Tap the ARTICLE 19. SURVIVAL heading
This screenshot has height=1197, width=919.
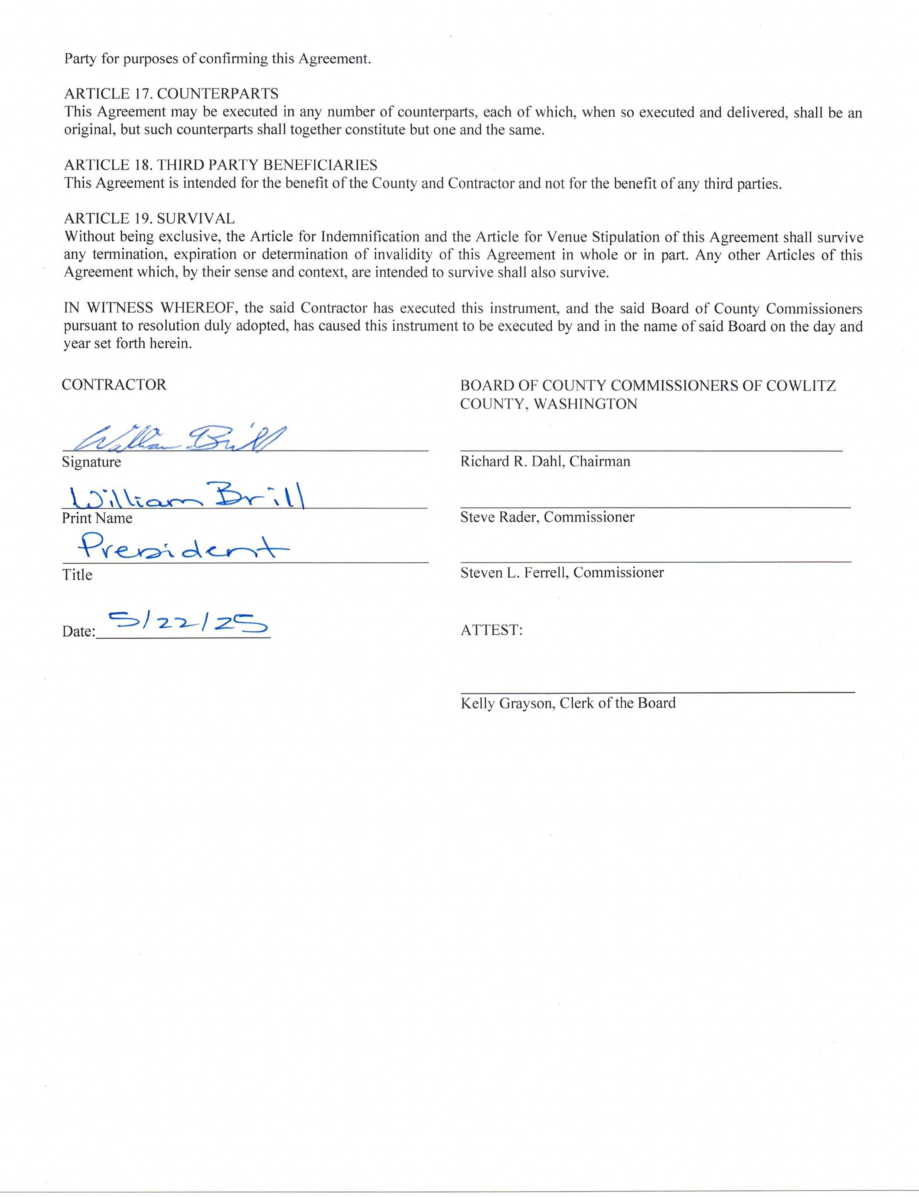149,218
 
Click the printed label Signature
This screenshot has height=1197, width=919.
91,462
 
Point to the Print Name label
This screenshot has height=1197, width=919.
97,518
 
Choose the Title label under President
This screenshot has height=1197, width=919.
77,575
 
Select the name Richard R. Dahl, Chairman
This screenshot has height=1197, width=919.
545,461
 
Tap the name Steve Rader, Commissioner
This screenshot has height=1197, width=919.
547,517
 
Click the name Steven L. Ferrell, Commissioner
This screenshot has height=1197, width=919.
562,573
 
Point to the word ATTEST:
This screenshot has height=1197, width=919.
491,630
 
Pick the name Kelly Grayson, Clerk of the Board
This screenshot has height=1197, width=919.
568,703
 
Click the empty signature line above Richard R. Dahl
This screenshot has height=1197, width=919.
651,450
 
